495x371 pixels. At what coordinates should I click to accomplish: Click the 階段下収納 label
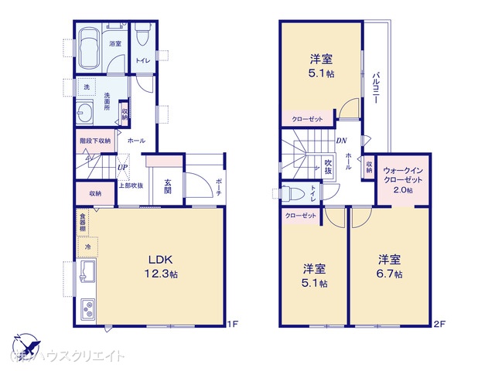pos(94,141)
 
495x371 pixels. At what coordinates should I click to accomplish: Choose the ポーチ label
pos(219,186)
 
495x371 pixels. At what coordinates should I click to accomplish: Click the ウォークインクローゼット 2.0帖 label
pos(403,179)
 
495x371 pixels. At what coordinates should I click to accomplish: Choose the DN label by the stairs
pos(342,140)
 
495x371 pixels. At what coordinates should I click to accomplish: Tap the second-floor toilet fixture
pos(292,194)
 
